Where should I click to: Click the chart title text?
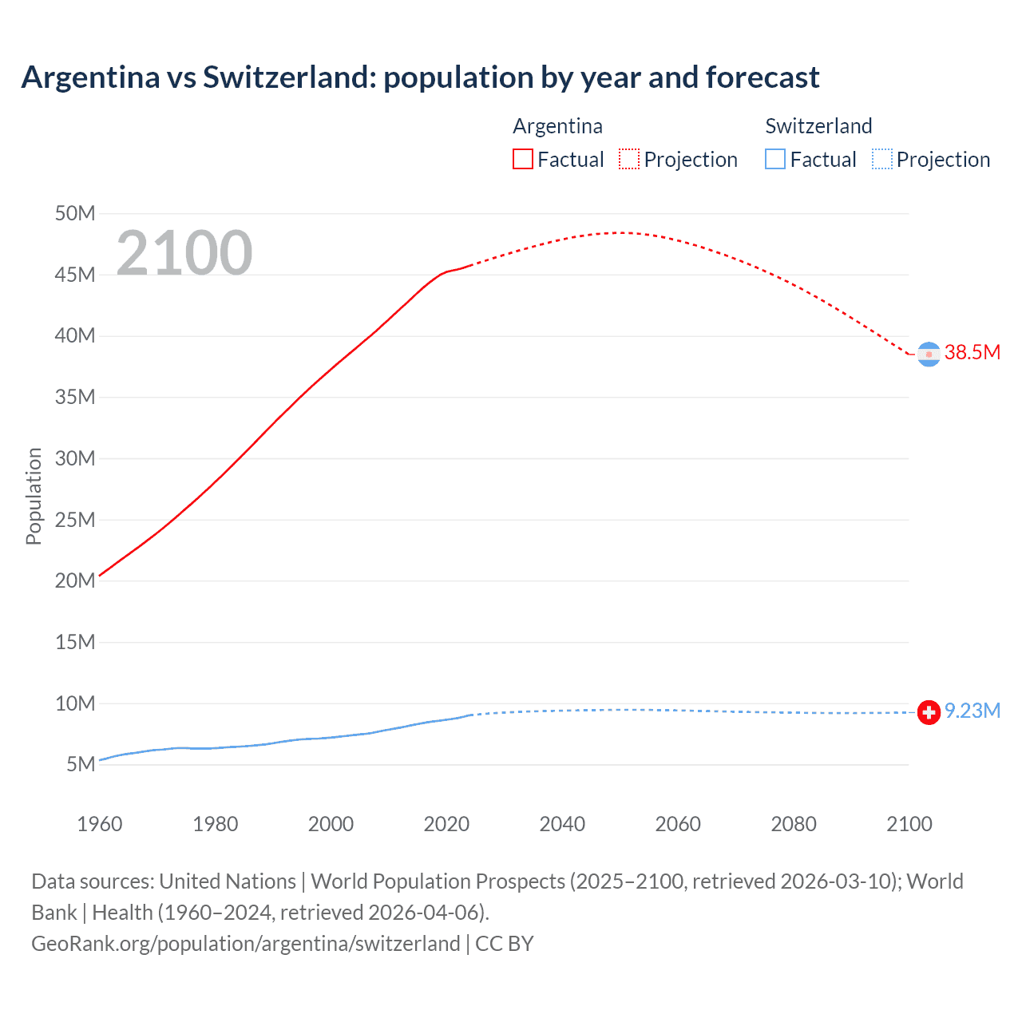coord(420,77)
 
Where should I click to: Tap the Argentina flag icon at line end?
coord(929,354)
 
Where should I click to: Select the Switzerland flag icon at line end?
coord(929,712)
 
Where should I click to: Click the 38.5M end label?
coord(972,353)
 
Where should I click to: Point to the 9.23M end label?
coord(972,711)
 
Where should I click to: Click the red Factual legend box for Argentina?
coord(522,159)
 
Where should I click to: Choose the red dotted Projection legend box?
coord(629,159)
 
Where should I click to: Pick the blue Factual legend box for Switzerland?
coord(775,159)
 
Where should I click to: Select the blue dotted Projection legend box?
coord(882,159)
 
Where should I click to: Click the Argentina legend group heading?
coord(557,126)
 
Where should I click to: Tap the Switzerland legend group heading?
coord(818,126)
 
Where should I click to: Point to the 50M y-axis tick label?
coord(75,213)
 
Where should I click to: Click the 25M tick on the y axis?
coord(75,520)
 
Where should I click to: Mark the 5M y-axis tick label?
coord(81,765)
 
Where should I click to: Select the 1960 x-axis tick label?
coord(100,824)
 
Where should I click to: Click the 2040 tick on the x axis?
coord(562,824)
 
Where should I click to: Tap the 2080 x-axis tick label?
coord(794,824)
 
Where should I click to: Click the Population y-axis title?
coord(34,496)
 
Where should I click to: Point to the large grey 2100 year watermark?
coord(184,253)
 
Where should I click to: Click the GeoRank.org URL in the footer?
coord(245,944)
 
